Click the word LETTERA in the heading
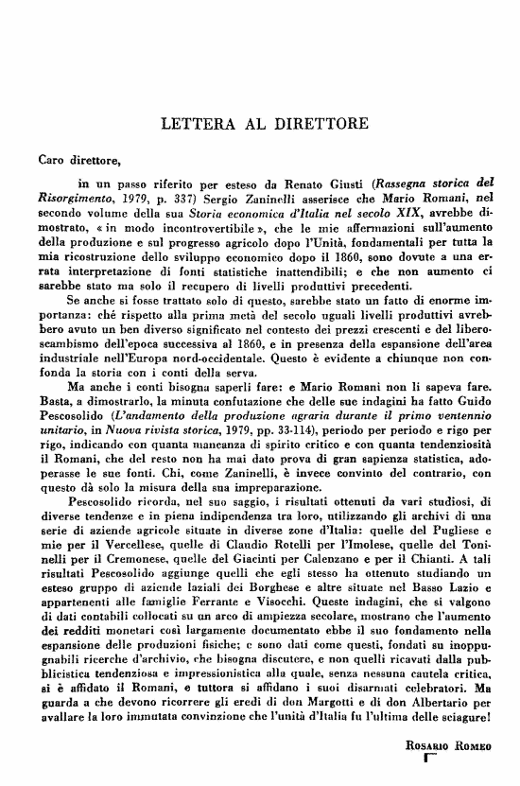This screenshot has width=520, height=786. (x=197, y=124)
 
